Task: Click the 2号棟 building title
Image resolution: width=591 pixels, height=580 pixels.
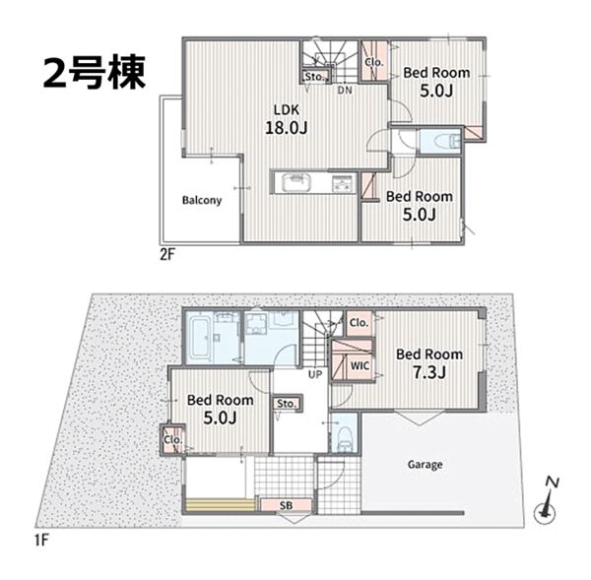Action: (95, 73)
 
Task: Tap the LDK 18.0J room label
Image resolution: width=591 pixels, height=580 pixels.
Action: (287, 119)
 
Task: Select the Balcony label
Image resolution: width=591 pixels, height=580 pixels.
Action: (202, 200)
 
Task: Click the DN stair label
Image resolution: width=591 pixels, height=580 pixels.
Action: (345, 90)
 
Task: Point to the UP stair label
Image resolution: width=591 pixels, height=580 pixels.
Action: (315, 374)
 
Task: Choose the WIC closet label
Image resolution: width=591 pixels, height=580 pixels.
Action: (360, 365)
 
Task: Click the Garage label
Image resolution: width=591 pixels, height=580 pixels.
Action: (425, 465)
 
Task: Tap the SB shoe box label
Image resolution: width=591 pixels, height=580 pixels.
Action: (286, 505)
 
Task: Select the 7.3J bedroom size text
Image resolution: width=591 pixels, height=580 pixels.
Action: (429, 372)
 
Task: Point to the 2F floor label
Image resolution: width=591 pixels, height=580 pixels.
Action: (167, 255)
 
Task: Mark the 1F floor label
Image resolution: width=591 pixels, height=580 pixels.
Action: (41, 541)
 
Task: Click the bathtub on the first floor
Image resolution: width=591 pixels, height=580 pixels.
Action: (199, 339)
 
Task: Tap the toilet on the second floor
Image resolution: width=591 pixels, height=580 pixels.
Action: (447, 142)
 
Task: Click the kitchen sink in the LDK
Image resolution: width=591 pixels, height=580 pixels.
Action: (297, 183)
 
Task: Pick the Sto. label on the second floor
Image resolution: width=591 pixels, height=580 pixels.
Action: (314, 77)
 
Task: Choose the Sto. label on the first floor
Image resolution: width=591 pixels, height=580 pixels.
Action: (287, 404)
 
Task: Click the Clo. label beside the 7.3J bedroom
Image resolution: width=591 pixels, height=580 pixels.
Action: (359, 323)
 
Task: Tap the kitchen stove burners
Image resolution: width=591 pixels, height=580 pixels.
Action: (343, 184)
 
